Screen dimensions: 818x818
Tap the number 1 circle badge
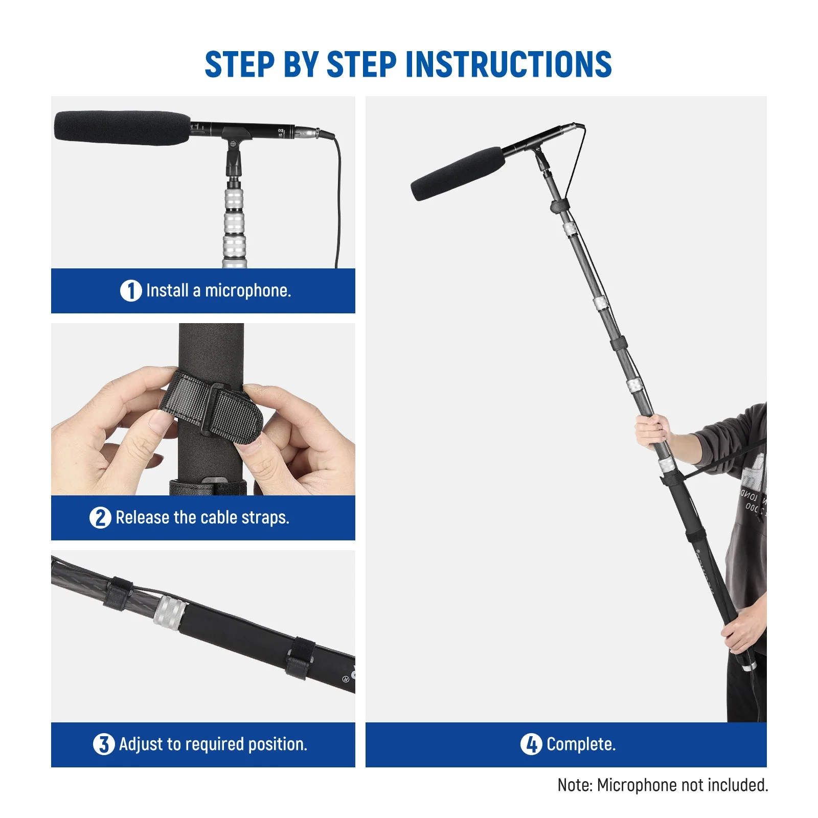(x=130, y=291)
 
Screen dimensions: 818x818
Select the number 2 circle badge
(x=100, y=517)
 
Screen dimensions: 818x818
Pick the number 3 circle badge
(x=103, y=744)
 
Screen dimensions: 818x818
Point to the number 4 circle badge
(x=531, y=744)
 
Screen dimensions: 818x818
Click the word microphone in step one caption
(x=247, y=291)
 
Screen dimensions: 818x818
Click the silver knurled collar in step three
(x=171, y=612)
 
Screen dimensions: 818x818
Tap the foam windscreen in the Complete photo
(x=457, y=174)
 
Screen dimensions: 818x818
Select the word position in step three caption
(x=277, y=744)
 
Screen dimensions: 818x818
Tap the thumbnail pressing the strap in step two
(x=161, y=423)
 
